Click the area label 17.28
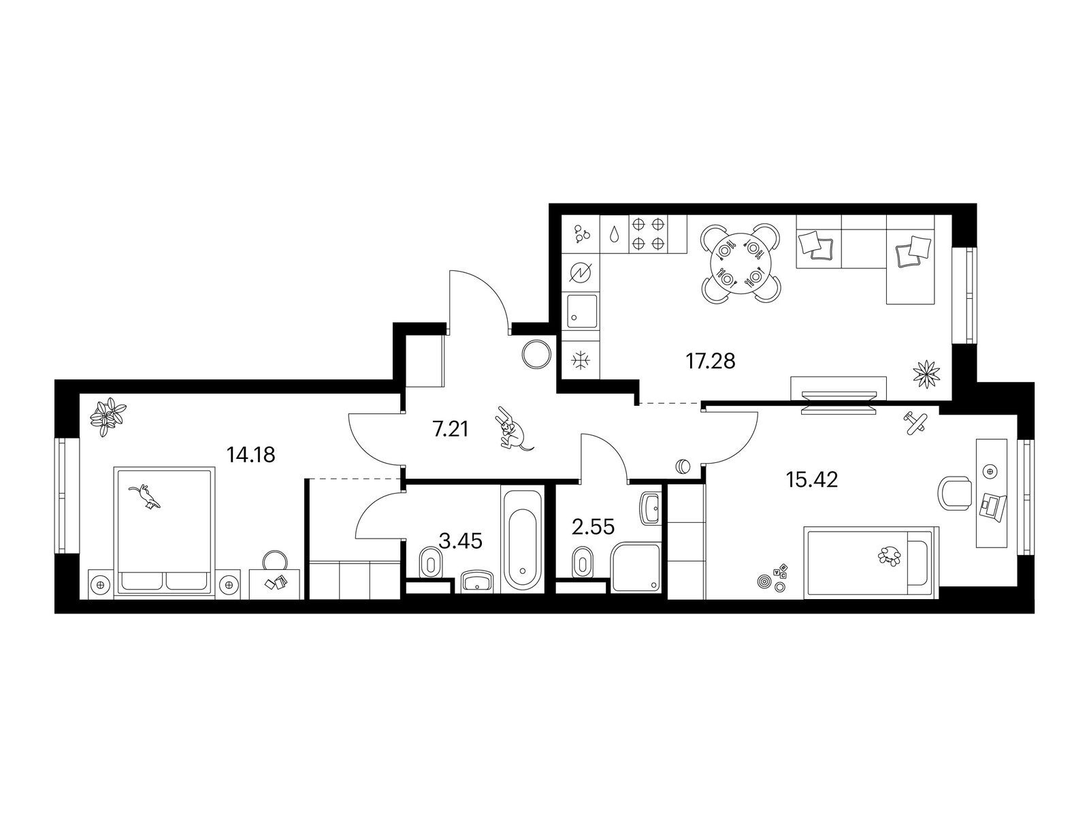(x=711, y=361)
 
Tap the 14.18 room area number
(x=250, y=454)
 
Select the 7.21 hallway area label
(x=451, y=429)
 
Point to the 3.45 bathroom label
(x=461, y=541)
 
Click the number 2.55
(x=594, y=527)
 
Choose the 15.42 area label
(x=812, y=480)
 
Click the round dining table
(x=741, y=263)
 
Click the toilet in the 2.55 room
(x=582, y=562)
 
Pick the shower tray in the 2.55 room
(x=636, y=567)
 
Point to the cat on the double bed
(x=145, y=496)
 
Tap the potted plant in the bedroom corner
(x=108, y=416)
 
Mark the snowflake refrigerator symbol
(x=579, y=360)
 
